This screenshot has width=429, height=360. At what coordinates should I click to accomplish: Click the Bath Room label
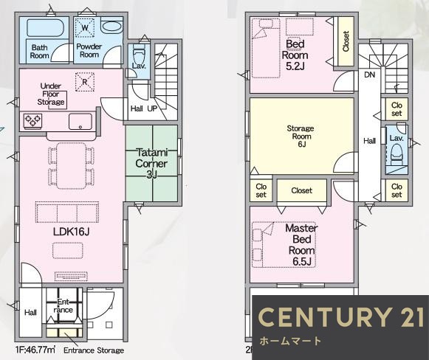pyautogui.click(x=40, y=52)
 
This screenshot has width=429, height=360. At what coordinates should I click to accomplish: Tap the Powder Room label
pyautogui.click(x=89, y=51)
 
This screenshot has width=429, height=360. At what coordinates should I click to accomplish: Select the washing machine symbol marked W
pyautogui.click(x=85, y=27)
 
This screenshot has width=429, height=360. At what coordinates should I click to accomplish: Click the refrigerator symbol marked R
pyautogui.click(x=84, y=82)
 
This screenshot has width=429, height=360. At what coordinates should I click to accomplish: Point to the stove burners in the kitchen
pyautogui.click(x=32, y=120)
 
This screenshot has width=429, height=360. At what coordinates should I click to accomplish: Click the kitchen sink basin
pyautogui.click(x=80, y=122)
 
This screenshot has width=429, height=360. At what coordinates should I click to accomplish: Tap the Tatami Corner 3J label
pyautogui.click(x=151, y=164)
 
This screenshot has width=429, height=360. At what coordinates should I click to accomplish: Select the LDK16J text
pyautogui.click(x=71, y=232)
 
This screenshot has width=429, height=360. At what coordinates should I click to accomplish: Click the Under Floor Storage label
pyautogui.click(x=51, y=94)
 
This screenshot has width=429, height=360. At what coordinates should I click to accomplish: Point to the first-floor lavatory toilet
pyautogui.click(x=139, y=56)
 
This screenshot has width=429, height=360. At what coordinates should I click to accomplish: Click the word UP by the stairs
pyautogui.click(x=152, y=108)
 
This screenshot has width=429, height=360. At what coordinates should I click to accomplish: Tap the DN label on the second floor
pyautogui.click(x=370, y=75)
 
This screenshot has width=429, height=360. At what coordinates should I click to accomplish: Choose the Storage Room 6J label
pyautogui.click(x=301, y=136)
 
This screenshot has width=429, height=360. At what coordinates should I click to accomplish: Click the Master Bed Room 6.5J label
pyautogui.click(x=301, y=245)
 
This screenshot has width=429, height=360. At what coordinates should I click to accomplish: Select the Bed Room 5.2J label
pyautogui.click(x=295, y=55)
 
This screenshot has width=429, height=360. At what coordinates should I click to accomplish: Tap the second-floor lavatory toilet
pyautogui.click(x=397, y=155)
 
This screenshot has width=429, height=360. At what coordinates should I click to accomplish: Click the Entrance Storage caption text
pyautogui.click(x=94, y=350)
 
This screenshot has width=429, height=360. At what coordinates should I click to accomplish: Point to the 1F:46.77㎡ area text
pyautogui.click(x=35, y=350)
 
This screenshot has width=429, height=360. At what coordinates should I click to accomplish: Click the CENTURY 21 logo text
pyautogui.click(x=340, y=317)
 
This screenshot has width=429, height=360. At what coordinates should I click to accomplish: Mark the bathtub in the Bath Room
pyautogui.click(x=46, y=27)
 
